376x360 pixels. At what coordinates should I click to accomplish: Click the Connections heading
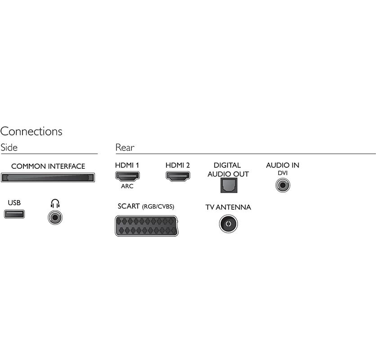(x=31, y=131)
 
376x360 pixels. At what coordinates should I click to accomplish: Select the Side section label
(x=9, y=147)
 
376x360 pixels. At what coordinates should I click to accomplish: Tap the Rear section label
(x=125, y=147)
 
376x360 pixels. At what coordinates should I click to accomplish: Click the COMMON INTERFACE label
(x=48, y=166)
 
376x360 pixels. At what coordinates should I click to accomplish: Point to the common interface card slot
(x=48, y=178)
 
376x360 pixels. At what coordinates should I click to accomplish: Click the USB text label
(x=14, y=203)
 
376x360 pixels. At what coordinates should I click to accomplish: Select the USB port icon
(x=14, y=214)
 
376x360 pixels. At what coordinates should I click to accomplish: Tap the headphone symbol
(x=55, y=203)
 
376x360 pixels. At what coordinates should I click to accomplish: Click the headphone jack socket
(x=55, y=218)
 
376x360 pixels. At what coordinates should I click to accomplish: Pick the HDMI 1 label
(x=127, y=165)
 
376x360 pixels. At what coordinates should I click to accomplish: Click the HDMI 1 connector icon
(x=127, y=176)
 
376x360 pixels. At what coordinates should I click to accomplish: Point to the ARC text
(x=127, y=186)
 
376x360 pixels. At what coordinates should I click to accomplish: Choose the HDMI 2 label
(x=178, y=165)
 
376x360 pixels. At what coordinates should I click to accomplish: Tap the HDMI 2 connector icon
(x=178, y=176)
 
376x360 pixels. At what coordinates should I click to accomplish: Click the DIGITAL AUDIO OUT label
(x=228, y=170)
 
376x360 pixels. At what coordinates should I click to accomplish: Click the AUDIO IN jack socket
(x=282, y=184)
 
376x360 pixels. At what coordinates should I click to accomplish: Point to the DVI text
(x=282, y=173)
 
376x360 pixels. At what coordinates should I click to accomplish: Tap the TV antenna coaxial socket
(x=228, y=224)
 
